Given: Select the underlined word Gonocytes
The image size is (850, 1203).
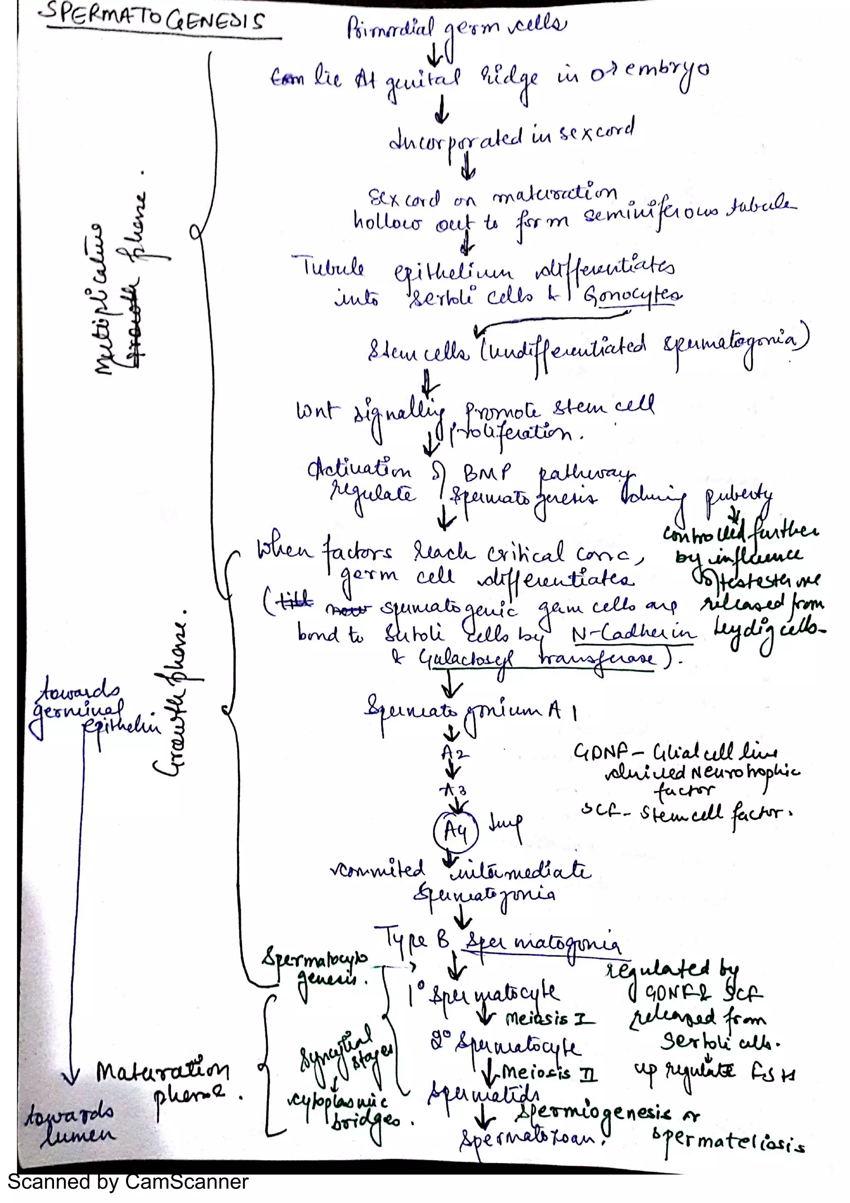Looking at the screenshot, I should click(634, 296).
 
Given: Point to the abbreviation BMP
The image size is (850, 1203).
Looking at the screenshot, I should click(486, 473).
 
